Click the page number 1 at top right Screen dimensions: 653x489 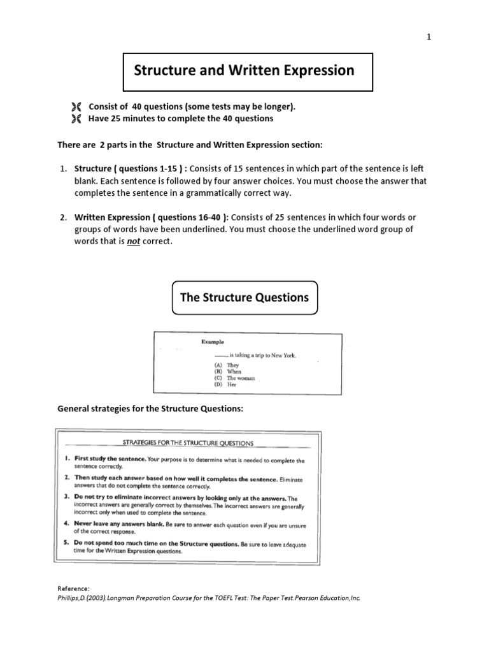tap(429, 37)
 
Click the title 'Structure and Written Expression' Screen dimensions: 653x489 tap(244, 71)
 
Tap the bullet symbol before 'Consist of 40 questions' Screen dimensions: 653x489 tap(76, 106)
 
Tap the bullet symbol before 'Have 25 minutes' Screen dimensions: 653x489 tap(76, 119)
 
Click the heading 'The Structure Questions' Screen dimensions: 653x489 tap(244, 297)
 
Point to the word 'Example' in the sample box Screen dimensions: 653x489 tap(213, 342)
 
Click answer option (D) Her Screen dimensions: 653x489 tap(225, 385)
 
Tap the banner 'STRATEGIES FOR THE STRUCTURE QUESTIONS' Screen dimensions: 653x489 tap(188, 443)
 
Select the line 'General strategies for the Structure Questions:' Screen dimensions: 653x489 tap(150, 408)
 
